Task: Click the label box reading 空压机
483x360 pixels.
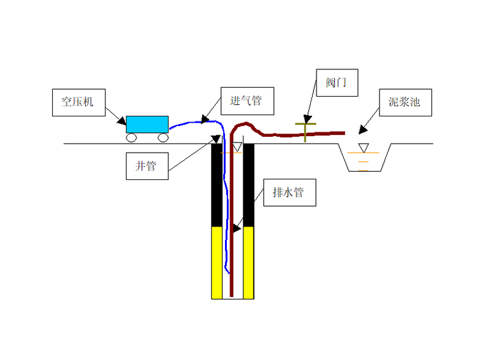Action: coord(78,102)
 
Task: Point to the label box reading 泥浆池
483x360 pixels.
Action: coord(405,102)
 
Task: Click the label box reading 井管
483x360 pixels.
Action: coord(147,166)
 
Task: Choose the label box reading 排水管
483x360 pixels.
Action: coord(288,193)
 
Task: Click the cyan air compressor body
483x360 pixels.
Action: coord(147,124)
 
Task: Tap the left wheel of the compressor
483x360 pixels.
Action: coord(132,137)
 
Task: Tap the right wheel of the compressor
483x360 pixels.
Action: coord(163,137)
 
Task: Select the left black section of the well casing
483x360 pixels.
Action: coord(217,184)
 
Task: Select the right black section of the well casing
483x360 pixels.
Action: coord(248,184)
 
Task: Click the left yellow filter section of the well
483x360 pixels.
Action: coord(217,261)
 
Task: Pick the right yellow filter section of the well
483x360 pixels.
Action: coord(248,261)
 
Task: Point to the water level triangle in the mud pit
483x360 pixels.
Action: coord(363,148)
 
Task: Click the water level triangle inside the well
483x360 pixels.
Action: coord(237,148)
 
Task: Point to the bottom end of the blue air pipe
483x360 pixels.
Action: coord(228,272)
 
